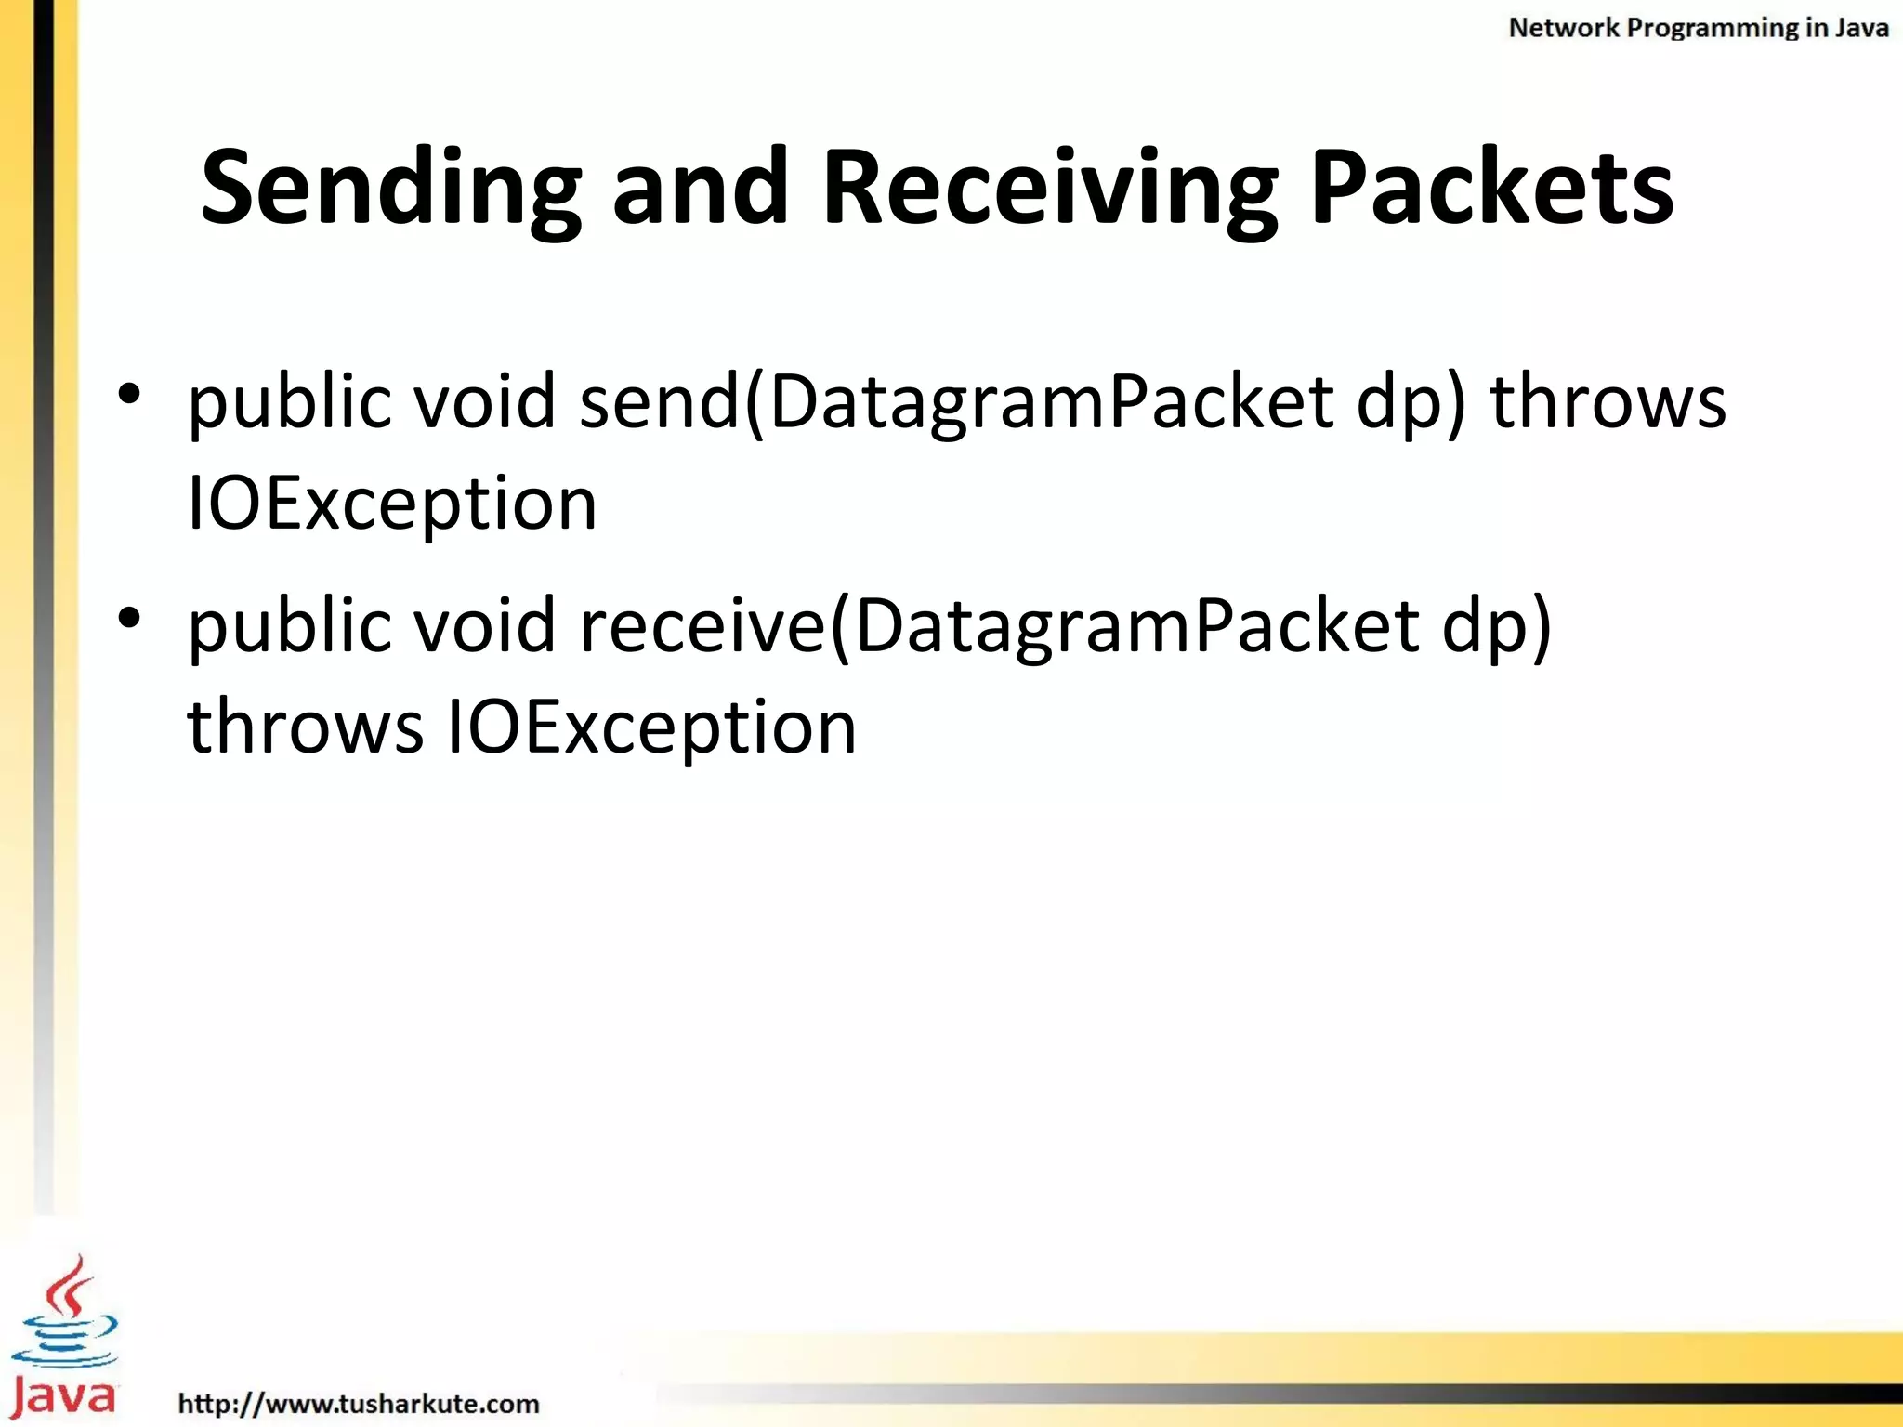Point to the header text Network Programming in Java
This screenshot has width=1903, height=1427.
coord(1698,28)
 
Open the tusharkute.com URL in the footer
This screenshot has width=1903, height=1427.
coord(359,1403)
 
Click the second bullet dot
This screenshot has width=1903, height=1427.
coord(129,617)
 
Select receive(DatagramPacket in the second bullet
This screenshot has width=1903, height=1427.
coord(999,626)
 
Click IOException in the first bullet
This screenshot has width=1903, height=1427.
coord(391,504)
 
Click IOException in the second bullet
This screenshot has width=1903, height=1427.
coord(651,727)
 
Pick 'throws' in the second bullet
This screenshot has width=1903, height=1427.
coord(305,727)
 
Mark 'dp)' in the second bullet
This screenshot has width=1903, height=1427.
coord(1496,628)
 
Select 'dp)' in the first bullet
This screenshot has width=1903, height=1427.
coord(1411,404)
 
